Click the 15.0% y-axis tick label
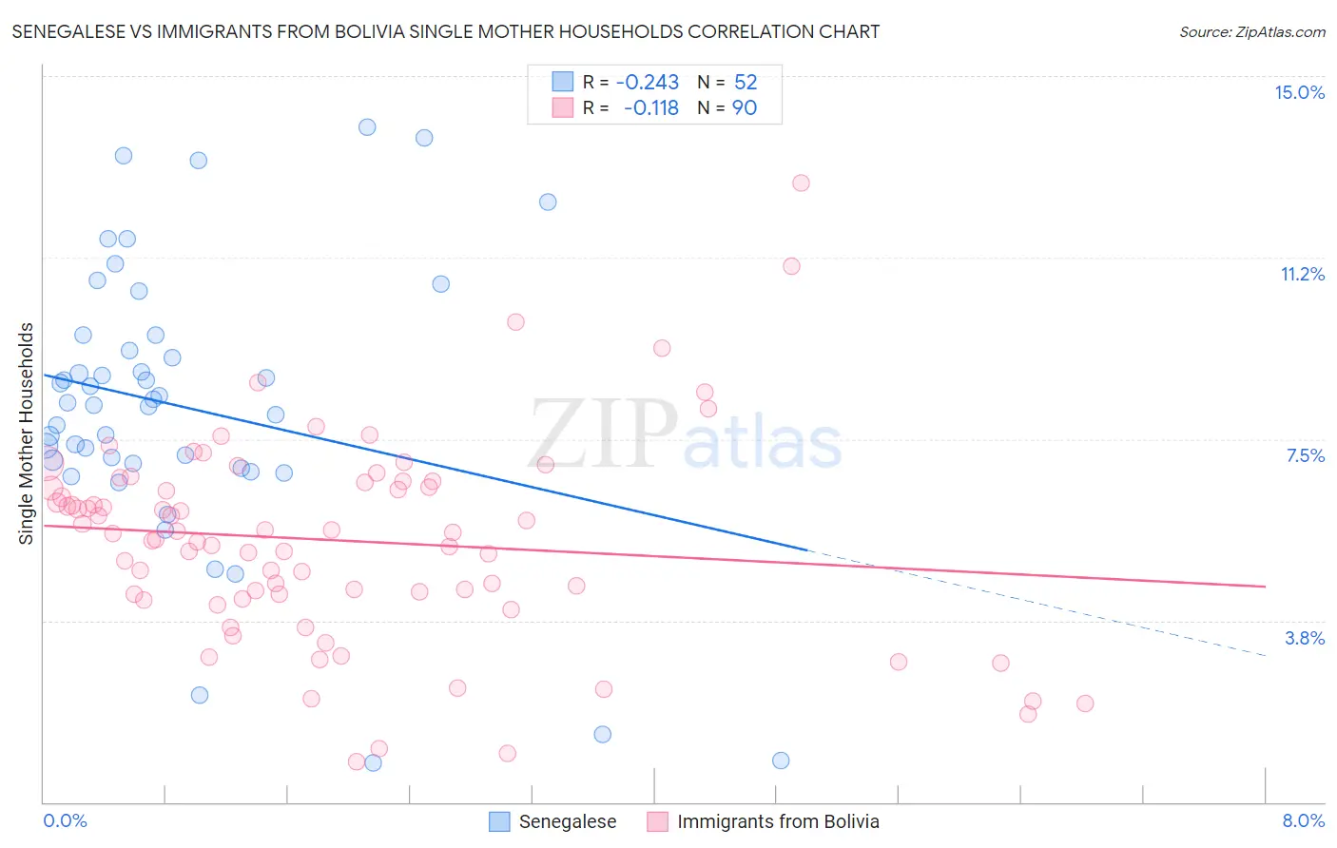pyautogui.click(x=1299, y=92)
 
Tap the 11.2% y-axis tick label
pyautogui.click(x=1302, y=274)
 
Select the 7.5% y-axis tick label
pyautogui.click(x=1305, y=455)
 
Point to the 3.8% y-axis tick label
pyautogui.click(x=1305, y=638)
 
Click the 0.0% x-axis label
pyautogui.click(x=65, y=820)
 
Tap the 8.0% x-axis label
pyautogui.click(x=1303, y=820)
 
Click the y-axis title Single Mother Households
pyautogui.click(x=27, y=434)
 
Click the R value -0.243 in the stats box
pyautogui.click(x=647, y=82)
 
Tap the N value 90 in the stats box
pyautogui.click(x=744, y=107)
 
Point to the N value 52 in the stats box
pyautogui.click(x=745, y=82)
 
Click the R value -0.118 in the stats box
pyautogui.click(x=650, y=107)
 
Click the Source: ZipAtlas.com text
pyautogui.click(x=1251, y=31)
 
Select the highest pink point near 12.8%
pyautogui.click(x=801, y=183)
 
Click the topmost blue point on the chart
pyautogui.click(x=367, y=126)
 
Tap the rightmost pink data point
pyautogui.click(x=1085, y=703)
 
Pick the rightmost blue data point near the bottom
pyautogui.click(x=781, y=761)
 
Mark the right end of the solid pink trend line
pyautogui.click(x=1265, y=587)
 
